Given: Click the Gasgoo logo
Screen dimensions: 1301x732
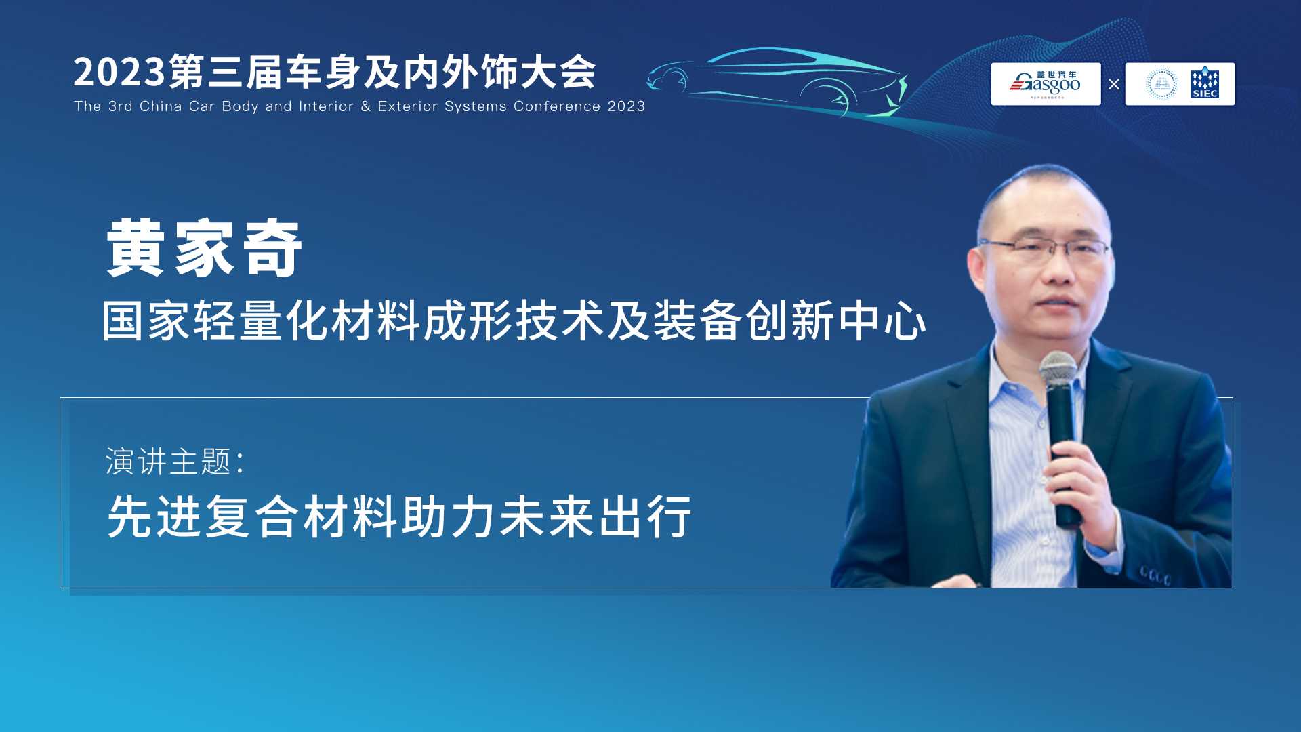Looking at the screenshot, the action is coord(1046,84).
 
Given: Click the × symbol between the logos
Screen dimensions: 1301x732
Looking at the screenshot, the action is coord(1113,85).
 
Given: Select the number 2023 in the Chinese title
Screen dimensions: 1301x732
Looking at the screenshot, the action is coord(119,72).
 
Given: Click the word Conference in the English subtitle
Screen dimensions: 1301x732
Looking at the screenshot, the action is coord(557,106).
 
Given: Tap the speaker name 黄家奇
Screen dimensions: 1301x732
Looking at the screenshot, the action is coord(204,248).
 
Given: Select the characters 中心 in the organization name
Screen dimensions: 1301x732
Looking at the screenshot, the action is coord(882,321).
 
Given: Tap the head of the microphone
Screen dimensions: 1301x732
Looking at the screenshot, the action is coord(1058,370).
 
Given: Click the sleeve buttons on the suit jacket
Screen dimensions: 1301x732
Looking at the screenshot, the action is coord(1155,577).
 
